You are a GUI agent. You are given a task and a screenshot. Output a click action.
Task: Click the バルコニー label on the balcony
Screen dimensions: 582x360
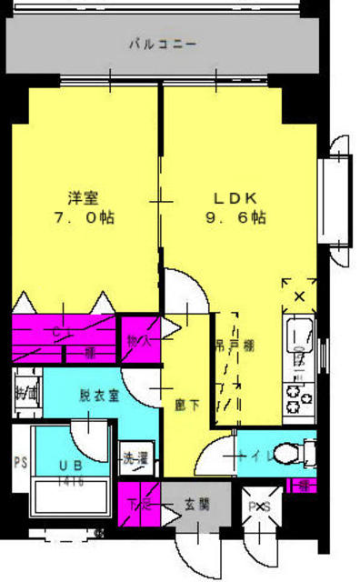[162, 42]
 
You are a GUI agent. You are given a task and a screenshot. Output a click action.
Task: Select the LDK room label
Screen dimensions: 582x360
[237, 197]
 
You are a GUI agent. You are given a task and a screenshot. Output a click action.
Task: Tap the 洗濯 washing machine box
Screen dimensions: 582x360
[134, 460]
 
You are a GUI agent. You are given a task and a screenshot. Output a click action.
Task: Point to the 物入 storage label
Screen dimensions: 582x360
[139, 340]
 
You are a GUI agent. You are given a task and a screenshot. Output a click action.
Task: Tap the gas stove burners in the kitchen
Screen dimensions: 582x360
[298, 394]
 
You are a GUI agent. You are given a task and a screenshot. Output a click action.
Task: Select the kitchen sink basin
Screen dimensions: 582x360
[298, 338]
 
